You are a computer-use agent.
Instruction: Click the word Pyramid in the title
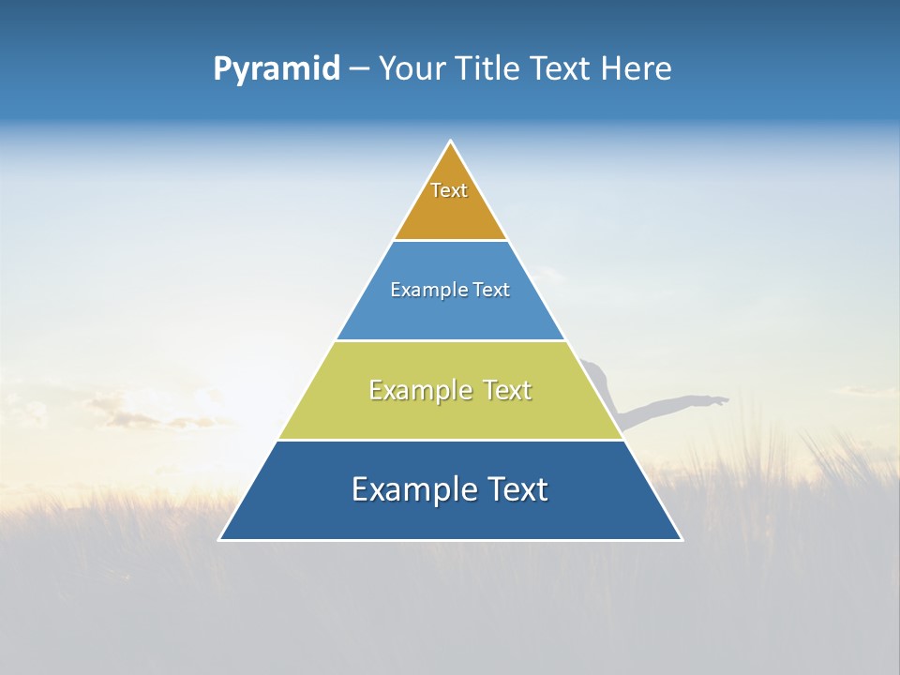277,69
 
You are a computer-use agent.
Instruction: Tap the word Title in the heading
491,69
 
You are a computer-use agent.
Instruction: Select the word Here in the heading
637,69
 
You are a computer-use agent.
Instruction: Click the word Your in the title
413,69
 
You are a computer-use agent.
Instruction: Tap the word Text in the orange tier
449,190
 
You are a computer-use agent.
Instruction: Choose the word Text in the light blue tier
491,291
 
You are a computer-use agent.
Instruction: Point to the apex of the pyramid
451,142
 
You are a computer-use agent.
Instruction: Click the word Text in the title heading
560,69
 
